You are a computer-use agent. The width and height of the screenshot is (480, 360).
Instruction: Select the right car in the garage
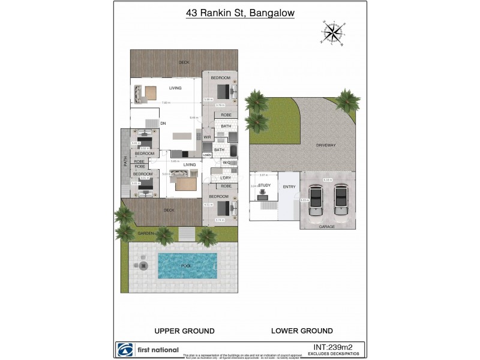click(341, 199)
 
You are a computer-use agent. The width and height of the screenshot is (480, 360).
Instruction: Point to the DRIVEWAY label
click(326, 146)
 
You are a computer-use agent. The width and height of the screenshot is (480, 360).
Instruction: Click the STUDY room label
click(265, 186)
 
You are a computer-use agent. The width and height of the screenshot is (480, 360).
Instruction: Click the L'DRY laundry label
click(226, 178)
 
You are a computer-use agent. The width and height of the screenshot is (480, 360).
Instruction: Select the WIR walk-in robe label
click(206, 137)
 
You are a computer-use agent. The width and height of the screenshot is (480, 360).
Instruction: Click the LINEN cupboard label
click(206, 155)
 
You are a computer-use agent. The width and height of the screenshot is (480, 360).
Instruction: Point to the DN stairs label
click(163, 124)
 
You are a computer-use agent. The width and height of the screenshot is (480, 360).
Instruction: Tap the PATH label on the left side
click(125, 161)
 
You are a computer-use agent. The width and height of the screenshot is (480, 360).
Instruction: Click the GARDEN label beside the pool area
click(146, 233)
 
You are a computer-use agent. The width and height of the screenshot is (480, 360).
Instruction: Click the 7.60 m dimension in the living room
click(165, 103)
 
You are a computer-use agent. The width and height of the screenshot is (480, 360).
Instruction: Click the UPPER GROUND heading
click(184, 331)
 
